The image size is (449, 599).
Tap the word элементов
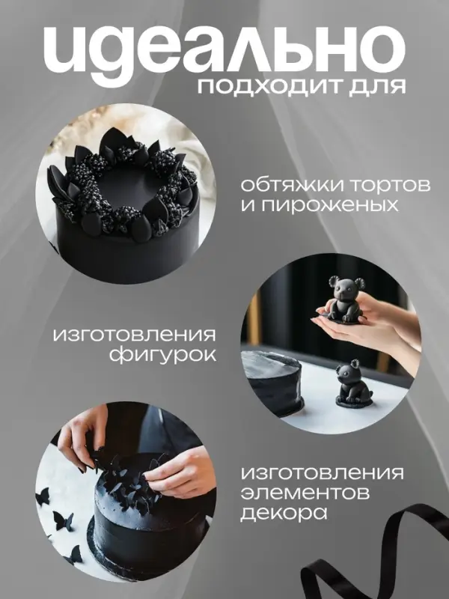pyautogui.click(x=299, y=493)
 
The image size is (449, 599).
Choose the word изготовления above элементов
pyautogui.click(x=323, y=474)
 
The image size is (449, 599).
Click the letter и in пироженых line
pyautogui.click(x=247, y=204)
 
